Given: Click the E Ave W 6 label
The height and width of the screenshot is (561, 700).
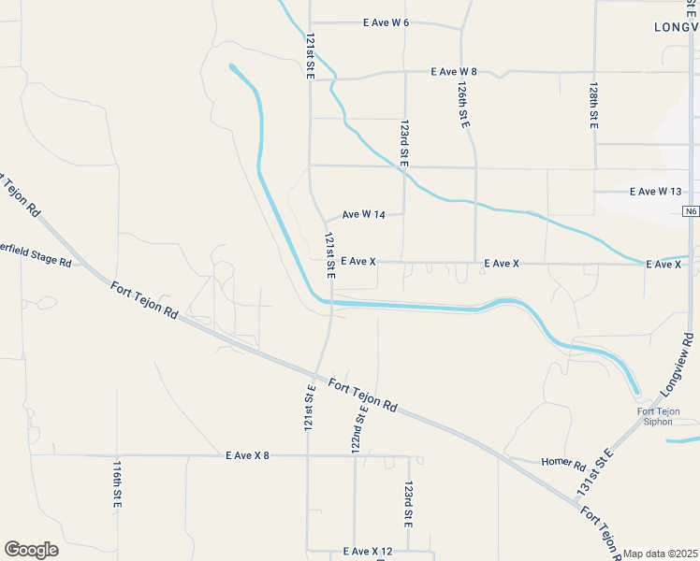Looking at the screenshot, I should (386, 22).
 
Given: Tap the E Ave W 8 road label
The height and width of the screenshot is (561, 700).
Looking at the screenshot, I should (454, 72).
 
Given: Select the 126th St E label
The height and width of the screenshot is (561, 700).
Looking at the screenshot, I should (463, 104).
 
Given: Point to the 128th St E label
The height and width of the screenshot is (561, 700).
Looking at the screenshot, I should (593, 105).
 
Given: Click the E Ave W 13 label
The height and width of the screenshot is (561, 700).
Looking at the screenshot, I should (657, 192).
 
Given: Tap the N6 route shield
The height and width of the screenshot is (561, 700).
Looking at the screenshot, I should (691, 212).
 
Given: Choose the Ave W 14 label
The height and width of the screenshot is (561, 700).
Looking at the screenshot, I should (364, 215).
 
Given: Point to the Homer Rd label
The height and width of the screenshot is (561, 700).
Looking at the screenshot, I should (563, 463).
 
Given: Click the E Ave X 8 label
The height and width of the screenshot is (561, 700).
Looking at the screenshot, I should (247, 456).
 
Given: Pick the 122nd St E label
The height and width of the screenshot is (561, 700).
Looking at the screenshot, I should (358, 430).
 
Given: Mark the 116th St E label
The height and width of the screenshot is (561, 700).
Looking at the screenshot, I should (117, 484).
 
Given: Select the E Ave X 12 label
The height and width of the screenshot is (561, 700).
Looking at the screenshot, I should (367, 552).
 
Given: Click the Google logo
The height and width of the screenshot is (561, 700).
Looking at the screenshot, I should (31, 550).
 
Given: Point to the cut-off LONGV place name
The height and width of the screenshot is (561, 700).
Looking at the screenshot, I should (676, 28).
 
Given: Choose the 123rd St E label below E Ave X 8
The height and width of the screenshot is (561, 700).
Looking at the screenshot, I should (408, 502).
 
